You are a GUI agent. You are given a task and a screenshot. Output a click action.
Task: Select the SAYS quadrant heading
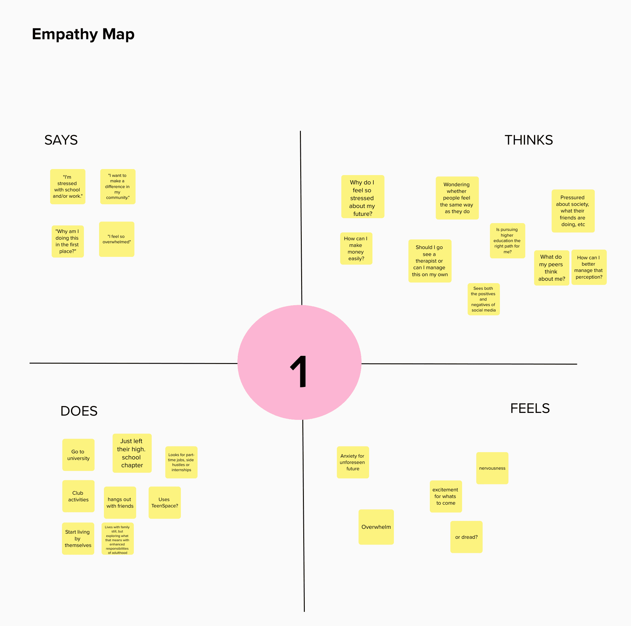pos(61,140)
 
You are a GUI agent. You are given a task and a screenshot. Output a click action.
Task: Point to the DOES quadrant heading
pos(79,411)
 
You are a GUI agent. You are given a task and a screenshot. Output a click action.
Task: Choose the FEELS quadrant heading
pos(530,408)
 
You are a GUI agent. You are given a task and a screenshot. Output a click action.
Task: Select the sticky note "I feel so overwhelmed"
pos(117,239)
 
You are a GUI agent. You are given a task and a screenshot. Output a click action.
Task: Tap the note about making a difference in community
pos(118,186)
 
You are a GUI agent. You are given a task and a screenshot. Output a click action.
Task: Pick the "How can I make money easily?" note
pos(356,248)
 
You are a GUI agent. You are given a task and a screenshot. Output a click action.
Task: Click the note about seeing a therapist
pos(430,261)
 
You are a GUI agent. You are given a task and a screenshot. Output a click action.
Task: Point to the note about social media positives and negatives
pos(483,299)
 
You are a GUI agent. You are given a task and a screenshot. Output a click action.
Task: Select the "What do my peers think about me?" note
pos(551,268)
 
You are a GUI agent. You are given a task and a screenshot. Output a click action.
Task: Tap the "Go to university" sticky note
pos(79,455)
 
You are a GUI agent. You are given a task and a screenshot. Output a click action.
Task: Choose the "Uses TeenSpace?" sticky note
pos(165,502)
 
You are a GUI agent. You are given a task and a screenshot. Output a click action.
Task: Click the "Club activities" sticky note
pos(79,496)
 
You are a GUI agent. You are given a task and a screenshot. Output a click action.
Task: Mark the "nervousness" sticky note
pos(492,468)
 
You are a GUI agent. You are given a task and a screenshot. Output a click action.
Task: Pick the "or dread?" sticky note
pos(466,537)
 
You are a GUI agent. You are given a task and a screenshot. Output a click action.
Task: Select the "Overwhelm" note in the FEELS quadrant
pos(376,527)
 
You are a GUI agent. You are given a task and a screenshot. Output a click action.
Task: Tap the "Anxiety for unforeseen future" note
pos(353,462)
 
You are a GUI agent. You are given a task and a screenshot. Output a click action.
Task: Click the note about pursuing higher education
pos(507,241)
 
